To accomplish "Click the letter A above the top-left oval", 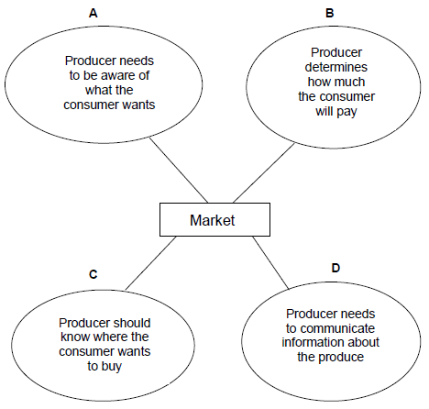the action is [x=93, y=13].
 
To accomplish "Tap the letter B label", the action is [x=330, y=13].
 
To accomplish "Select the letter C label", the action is [x=93, y=274].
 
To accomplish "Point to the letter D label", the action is [x=335, y=268].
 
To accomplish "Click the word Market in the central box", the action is [x=213, y=220].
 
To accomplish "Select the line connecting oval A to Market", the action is [x=179, y=170].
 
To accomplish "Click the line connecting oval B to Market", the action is [x=264, y=172].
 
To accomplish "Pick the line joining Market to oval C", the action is [x=151, y=263].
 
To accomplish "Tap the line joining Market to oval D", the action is [x=270, y=262].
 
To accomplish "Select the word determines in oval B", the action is [x=336, y=67].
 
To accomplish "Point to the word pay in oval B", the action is [x=346, y=112].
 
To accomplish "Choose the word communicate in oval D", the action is [x=339, y=328].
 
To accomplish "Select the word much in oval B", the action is [x=351, y=82].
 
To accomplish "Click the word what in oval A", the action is [x=96, y=90].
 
